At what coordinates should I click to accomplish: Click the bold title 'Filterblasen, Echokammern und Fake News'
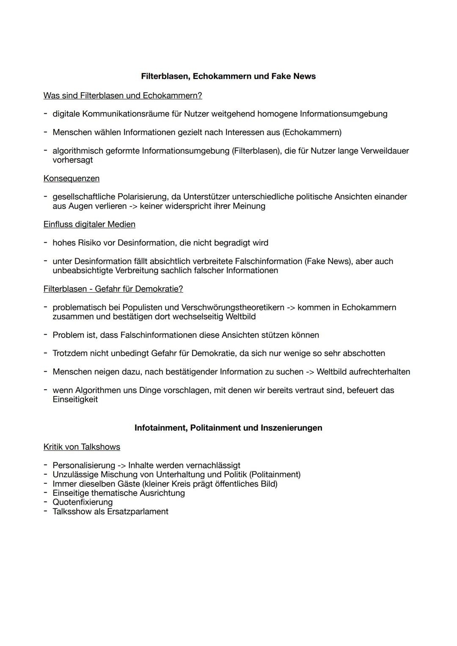(x=228, y=77)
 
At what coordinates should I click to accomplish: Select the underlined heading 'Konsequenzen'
(x=72, y=179)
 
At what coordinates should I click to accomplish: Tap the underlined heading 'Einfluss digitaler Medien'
(x=89, y=224)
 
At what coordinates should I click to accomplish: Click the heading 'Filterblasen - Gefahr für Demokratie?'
(x=113, y=289)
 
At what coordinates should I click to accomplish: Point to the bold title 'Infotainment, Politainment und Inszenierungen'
(x=228, y=428)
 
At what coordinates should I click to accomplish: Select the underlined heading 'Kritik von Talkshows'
(x=82, y=447)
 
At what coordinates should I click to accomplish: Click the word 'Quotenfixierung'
(x=83, y=502)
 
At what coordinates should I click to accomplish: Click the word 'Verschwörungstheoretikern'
(x=233, y=307)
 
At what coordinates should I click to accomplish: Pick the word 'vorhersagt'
(x=72, y=160)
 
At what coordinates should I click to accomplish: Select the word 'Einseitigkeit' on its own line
(x=75, y=400)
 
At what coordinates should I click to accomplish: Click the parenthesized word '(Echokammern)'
(x=312, y=132)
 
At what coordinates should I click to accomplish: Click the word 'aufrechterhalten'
(x=379, y=372)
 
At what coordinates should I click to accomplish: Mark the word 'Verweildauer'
(x=384, y=151)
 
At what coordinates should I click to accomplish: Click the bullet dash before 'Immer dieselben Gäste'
(x=45, y=484)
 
